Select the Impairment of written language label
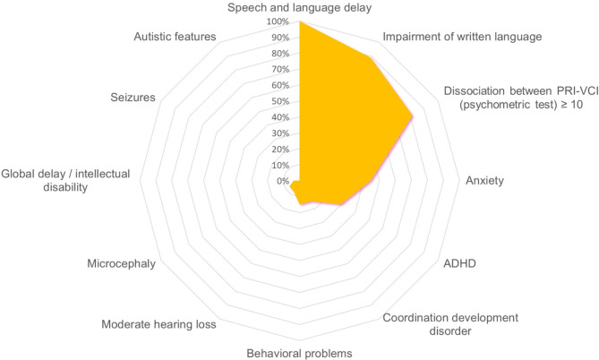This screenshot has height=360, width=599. tap(462, 37)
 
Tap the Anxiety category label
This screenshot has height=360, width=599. tap(484, 181)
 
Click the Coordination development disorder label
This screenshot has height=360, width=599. tap(437, 324)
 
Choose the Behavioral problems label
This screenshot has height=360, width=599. tap(299, 352)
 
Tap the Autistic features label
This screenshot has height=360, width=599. tap(175, 37)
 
